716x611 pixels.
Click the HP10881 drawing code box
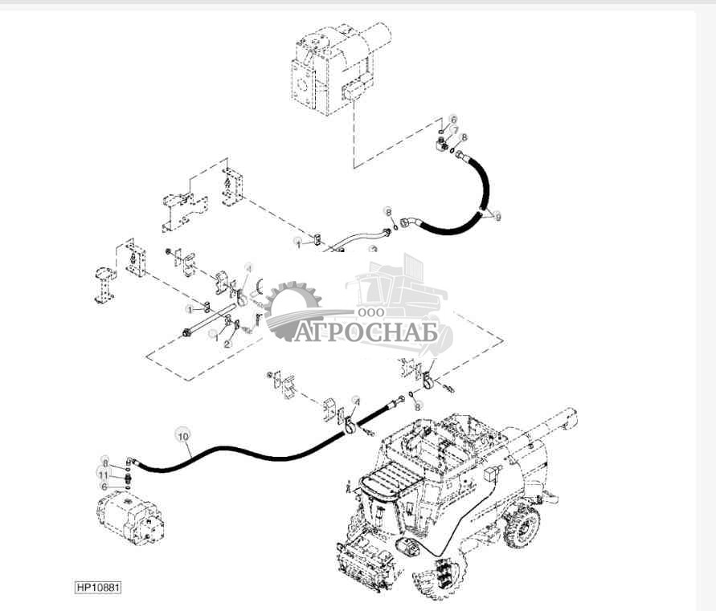pyautogui.click(x=98, y=588)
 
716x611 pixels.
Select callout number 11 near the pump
pyautogui.click(x=103, y=475)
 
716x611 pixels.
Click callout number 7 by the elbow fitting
pyautogui.click(x=455, y=130)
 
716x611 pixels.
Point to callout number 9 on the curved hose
pyautogui.click(x=497, y=217)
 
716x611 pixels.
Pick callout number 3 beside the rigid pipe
pyautogui.click(x=373, y=250)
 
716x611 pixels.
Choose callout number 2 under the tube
pyautogui.click(x=227, y=344)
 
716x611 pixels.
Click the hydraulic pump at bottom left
pyautogui.click(x=129, y=519)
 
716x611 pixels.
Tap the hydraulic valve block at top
pyautogui.click(x=329, y=68)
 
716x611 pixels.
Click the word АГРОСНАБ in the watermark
pyautogui.click(x=366, y=332)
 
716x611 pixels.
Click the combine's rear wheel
pyautogui.click(x=522, y=527)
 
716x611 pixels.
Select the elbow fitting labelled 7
pyautogui.click(x=442, y=145)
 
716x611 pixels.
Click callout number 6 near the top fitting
pyautogui.click(x=453, y=119)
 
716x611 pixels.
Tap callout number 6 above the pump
pyautogui.click(x=103, y=487)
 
